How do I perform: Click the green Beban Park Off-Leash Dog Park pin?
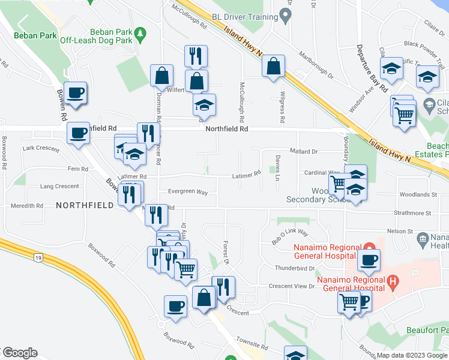pyautogui.click(x=140, y=31)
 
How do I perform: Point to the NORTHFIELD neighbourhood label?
pyautogui.click(x=85, y=205)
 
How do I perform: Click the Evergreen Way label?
pyautogui.click(x=188, y=193)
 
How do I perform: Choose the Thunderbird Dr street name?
pyautogui.click(x=294, y=268)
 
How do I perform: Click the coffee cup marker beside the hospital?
pyautogui.click(x=369, y=260)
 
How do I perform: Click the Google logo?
pyautogui.click(x=19, y=353)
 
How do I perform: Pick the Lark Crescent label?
pyautogui.click(x=41, y=148)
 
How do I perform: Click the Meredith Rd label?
pyautogui.click(x=27, y=205)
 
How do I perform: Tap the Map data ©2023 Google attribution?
pyautogui.click(x=411, y=355)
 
